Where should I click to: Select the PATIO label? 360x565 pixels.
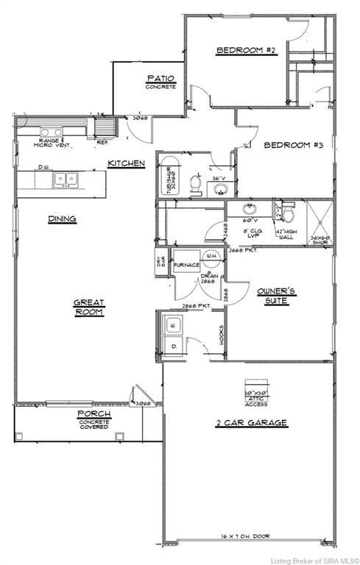(x=160, y=81)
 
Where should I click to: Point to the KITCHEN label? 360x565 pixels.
(x=126, y=163)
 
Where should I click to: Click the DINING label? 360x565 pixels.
(x=62, y=218)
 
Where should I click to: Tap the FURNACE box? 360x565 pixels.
(x=186, y=264)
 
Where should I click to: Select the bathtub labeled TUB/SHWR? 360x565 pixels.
(x=166, y=177)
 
